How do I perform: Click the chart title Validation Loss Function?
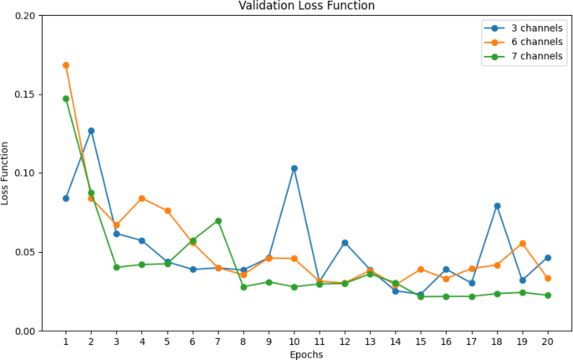click(306, 6)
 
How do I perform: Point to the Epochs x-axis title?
click(306, 354)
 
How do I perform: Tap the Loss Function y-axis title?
click(7, 173)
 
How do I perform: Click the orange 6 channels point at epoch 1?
click(65, 65)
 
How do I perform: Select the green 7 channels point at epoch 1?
click(65, 99)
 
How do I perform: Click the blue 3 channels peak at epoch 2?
click(90, 131)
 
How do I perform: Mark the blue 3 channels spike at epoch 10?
click(294, 168)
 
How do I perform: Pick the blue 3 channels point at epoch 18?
click(497, 206)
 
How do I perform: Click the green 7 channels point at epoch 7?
click(217, 221)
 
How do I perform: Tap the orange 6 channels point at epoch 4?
click(141, 198)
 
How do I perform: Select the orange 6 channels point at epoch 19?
click(522, 244)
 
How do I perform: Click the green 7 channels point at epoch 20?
click(547, 296)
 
